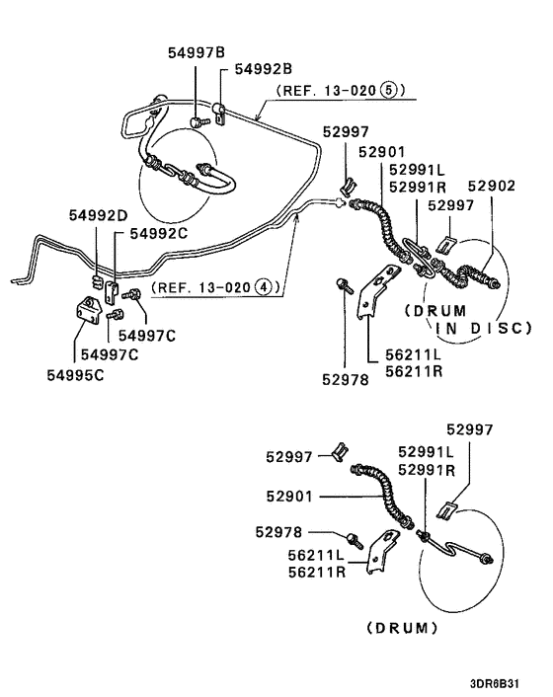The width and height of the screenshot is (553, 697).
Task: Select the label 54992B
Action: pyautogui.click(x=264, y=69)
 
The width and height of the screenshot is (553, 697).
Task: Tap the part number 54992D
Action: pyautogui.click(x=99, y=215)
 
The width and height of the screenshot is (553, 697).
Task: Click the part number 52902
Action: pyautogui.click(x=491, y=186)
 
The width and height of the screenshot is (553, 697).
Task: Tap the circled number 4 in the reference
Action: pyautogui.click(x=263, y=290)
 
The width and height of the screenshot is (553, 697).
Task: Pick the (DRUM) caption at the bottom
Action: pyautogui.click(x=402, y=627)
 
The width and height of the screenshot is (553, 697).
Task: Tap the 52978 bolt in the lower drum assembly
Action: pyautogui.click(x=355, y=539)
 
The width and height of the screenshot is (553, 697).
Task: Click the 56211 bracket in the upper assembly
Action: pyautogui.click(x=369, y=299)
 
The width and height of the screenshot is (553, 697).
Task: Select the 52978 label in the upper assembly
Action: pyautogui.click(x=346, y=376)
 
